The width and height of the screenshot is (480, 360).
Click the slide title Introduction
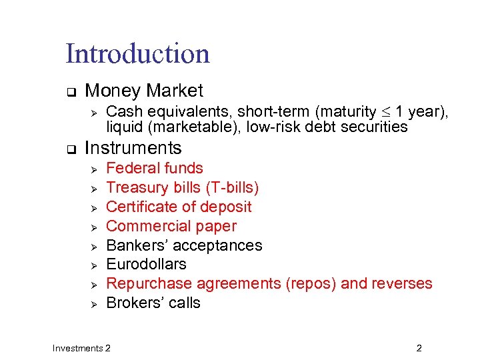point(137,54)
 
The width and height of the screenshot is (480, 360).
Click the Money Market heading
point(144,91)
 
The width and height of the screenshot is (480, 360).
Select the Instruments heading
point(133,148)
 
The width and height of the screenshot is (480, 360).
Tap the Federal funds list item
point(155,168)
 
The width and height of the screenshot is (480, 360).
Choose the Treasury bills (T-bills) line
point(183,187)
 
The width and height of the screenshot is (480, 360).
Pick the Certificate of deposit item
point(179,207)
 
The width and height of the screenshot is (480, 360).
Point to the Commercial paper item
point(171,226)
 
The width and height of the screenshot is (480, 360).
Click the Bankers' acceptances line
point(184,245)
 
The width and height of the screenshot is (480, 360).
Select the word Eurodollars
point(146,264)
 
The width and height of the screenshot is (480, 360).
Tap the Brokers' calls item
point(153,303)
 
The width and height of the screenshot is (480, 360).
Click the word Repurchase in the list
point(147,284)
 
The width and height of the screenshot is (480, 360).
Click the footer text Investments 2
point(82,348)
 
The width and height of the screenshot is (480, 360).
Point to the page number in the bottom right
point(419,348)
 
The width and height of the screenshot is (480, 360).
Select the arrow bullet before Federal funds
point(94,169)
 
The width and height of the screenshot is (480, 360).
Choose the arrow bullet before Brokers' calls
point(94,304)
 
